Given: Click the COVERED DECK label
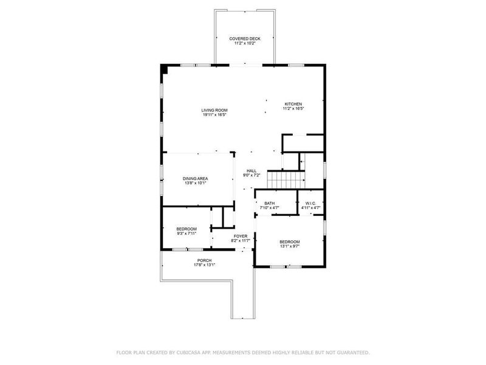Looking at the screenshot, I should (x=245, y=38).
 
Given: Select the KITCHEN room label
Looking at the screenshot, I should (x=293, y=104).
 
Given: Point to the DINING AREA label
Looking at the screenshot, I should (x=195, y=178).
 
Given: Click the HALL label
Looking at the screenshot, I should (x=252, y=171).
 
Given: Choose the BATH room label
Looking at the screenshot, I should (x=269, y=203).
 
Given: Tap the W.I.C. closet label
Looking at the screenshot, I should (x=310, y=203).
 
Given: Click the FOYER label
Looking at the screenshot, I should (x=241, y=235).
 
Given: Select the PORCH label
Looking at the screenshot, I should (x=204, y=260).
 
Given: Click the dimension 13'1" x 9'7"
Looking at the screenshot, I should (x=289, y=247).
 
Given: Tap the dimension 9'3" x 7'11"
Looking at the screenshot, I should (x=187, y=234).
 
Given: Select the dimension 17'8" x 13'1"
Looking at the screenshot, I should (x=204, y=265).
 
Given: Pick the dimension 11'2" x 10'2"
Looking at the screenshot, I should (x=245, y=43).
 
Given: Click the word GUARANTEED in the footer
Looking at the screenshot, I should (x=352, y=352).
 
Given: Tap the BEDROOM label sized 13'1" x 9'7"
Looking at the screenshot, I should (x=289, y=242).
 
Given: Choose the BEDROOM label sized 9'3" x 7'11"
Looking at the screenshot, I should (x=187, y=229).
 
